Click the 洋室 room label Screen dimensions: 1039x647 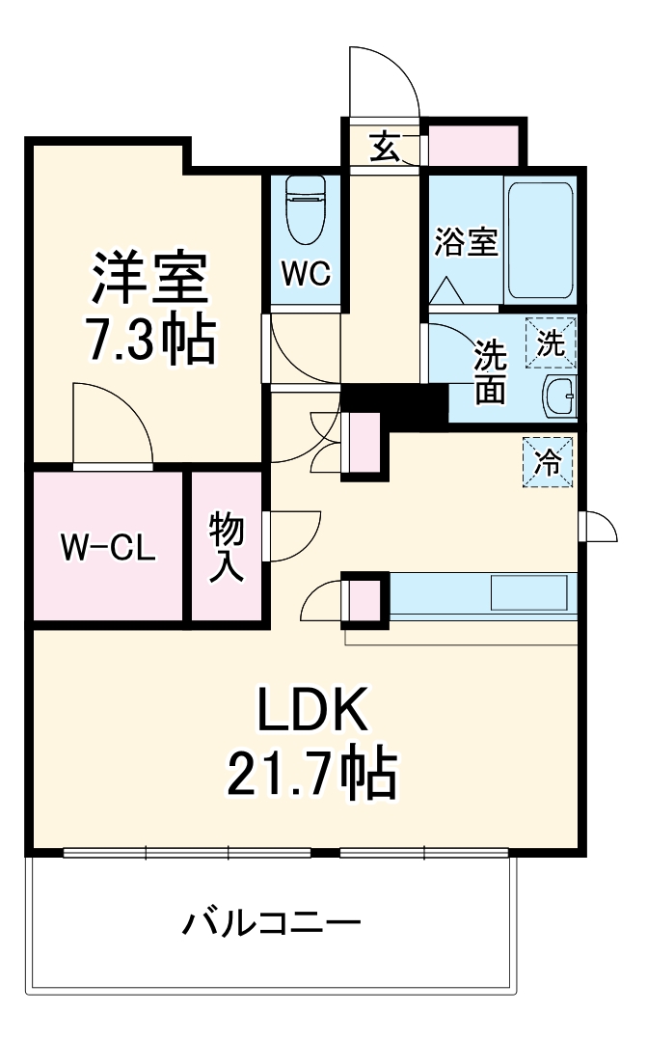point(149,279)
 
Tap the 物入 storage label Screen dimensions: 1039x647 point(227,546)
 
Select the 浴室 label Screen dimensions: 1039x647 point(465,242)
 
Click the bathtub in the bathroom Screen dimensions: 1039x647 point(540,240)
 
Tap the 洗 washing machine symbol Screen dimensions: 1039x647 point(550,343)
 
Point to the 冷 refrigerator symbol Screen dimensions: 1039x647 point(547,462)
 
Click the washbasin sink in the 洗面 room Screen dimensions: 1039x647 point(558,396)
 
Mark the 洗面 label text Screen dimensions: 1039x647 point(489,372)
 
